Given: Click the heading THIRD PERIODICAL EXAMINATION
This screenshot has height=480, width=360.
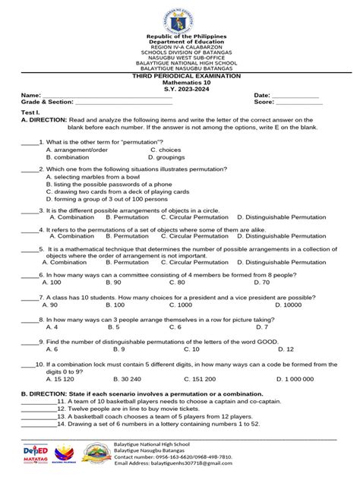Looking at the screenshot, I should tap(180, 77).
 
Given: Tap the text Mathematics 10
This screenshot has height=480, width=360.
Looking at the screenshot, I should tap(180, 84).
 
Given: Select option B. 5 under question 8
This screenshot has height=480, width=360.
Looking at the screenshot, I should tap(114, 327).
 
